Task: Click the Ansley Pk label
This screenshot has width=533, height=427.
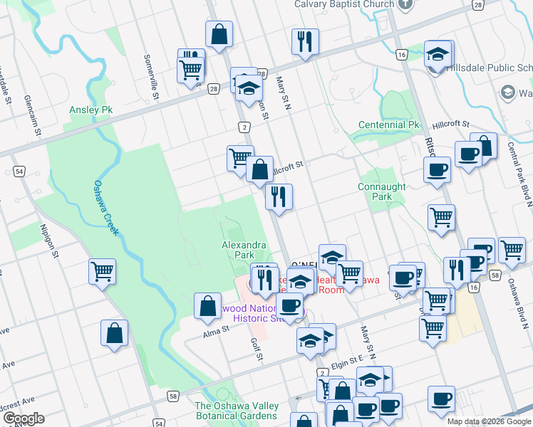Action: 91,110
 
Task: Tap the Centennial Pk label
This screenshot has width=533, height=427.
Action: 389,125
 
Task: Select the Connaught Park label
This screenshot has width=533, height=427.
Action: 382,191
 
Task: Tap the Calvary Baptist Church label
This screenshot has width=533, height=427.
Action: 344,4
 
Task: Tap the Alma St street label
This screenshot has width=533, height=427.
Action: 213,331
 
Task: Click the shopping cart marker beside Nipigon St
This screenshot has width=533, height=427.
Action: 102,270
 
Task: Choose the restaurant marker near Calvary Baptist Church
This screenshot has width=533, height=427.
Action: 304,41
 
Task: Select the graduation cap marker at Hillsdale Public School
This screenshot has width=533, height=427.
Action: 438,54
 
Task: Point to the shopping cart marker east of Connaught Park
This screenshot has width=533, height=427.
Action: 442,216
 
